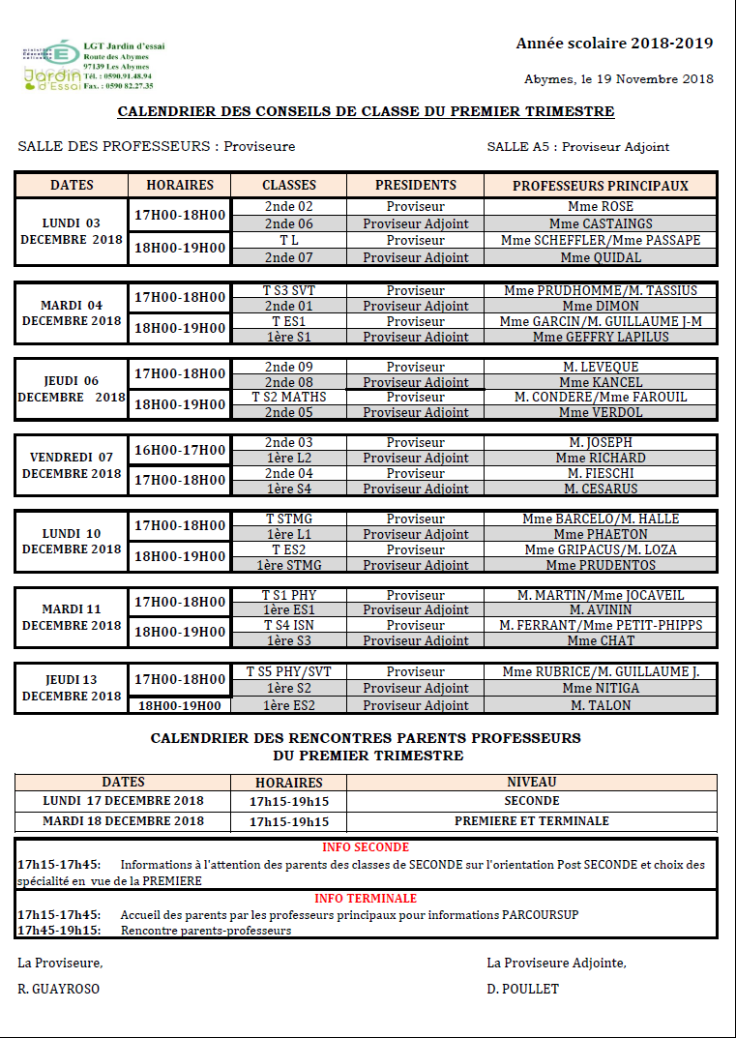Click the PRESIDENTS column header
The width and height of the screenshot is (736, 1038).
point(415,185)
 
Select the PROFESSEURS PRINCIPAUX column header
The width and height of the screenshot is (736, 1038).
point(600,185)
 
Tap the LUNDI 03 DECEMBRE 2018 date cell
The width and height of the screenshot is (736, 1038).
point(72,231)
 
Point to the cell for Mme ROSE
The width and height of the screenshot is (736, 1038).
point(601,207)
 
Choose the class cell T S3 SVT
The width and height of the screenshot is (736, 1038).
point(289,290)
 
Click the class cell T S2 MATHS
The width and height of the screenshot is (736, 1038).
point(289,397)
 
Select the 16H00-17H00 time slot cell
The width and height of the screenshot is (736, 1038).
point(180,450)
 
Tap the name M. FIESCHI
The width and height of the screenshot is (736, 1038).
point(601,473)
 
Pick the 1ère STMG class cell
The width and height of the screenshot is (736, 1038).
point(289,565)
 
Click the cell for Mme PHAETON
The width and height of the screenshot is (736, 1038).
point(601,534)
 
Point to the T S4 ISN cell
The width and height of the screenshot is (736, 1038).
point(289,625)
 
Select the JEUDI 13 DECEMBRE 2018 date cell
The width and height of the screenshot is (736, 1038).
point(72,688)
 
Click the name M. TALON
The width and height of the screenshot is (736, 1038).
point(601,705)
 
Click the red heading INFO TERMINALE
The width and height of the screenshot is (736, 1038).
point(366,899)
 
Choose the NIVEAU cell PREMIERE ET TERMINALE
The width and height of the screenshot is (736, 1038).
point(532,820)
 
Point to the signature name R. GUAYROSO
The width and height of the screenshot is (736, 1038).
point(58,989)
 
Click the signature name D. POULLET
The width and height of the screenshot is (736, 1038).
point(522,989)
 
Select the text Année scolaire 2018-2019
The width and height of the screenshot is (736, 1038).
point(614,44)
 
